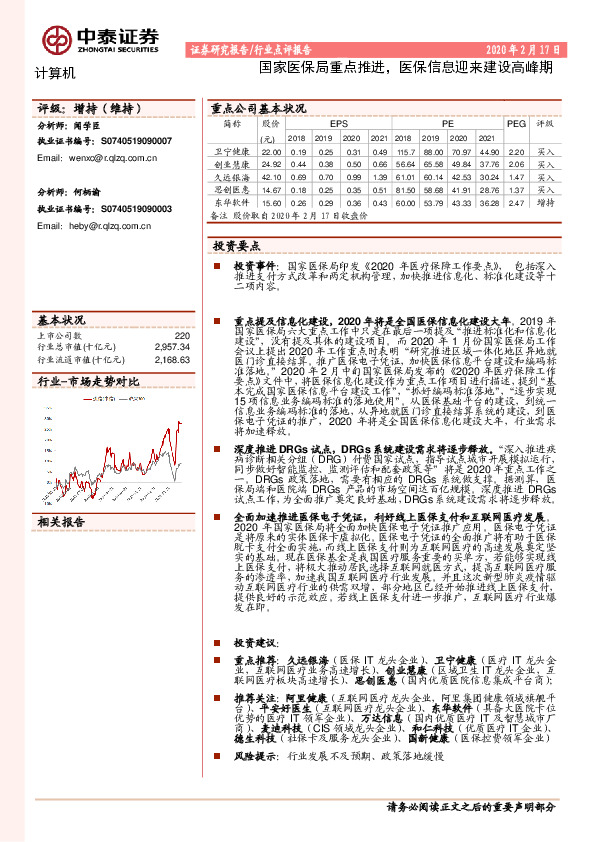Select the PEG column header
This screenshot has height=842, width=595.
point(516,125)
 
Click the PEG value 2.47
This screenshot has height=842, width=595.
point(516,202)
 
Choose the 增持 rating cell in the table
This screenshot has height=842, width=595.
point(546,202)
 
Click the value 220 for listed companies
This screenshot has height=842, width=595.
point(182,335)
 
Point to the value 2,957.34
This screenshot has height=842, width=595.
point(172,346)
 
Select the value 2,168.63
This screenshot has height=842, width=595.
point(172,358)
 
